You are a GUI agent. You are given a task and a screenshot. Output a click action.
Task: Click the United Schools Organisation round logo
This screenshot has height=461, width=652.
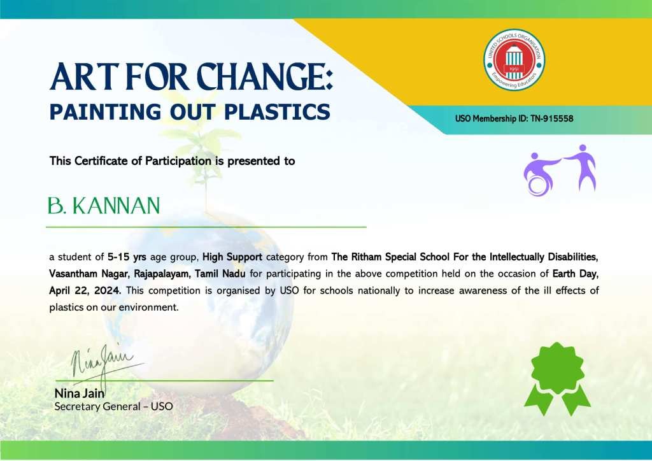pos(514,60)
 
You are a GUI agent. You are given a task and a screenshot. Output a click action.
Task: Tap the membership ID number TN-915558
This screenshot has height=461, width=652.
pos(552,118)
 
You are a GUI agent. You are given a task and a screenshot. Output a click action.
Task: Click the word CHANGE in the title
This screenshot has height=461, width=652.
pos(264,77)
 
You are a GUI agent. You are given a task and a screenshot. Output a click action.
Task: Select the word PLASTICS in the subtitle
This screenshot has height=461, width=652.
pos(277,112)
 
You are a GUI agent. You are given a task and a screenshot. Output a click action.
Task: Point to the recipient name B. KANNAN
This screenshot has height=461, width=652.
pos(104,206)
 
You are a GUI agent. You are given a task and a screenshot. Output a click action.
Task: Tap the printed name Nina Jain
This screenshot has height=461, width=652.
pos(80,394)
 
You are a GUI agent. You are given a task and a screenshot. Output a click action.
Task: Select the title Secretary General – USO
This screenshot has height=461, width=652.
pos(113,406)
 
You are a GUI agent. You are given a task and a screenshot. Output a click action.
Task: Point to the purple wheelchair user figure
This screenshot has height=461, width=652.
pos(540,174)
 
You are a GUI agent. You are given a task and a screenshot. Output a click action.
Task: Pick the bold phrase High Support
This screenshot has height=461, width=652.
pos(232,257)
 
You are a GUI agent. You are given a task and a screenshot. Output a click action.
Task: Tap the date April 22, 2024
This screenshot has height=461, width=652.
pos(85,290)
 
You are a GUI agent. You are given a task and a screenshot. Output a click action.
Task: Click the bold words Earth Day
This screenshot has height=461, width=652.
pos(576,274)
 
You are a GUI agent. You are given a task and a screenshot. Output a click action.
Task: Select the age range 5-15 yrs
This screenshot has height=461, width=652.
pos(127,257)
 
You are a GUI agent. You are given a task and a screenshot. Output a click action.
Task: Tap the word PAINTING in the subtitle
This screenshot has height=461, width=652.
pos(105,112)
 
